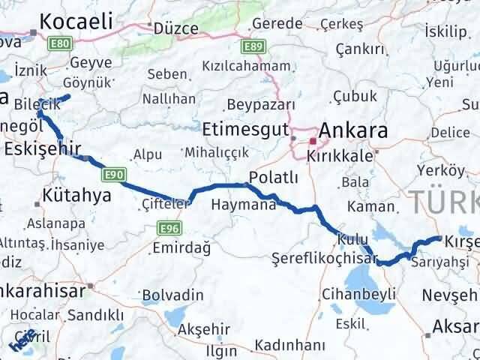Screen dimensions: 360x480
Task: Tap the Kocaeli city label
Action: click(77, 22)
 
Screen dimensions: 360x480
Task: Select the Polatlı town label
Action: click(274, 178)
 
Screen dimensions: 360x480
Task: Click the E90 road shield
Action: click(113, 174)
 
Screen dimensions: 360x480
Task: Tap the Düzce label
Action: click(175, 28)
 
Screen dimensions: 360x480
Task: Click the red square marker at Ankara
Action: click(313, 140)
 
